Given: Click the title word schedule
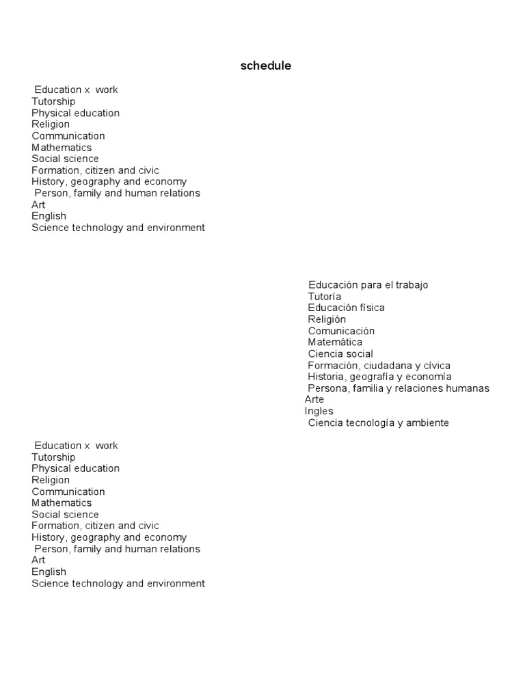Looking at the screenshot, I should [x=266, y=66].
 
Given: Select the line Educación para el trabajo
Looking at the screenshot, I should [x=368, y=285].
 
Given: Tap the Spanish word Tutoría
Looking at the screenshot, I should [x=324, y=297].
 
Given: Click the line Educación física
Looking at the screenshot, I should [x=346, y=308].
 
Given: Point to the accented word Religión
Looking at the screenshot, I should [x=327, y=319].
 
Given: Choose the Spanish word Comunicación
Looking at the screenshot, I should [x=341, y=331].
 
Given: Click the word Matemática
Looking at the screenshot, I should [x=335, y=342].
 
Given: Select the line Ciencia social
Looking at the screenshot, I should [x=340, y=354].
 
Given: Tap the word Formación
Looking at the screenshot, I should [x=331, y=366].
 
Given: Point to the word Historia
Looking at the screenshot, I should [x=327, y=377].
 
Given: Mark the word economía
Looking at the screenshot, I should [x=431, y=377].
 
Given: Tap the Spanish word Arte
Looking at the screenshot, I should [x=314, y=399].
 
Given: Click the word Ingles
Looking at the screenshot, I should [x=319, y=412].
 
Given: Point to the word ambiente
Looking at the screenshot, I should [x=427, y=423].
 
